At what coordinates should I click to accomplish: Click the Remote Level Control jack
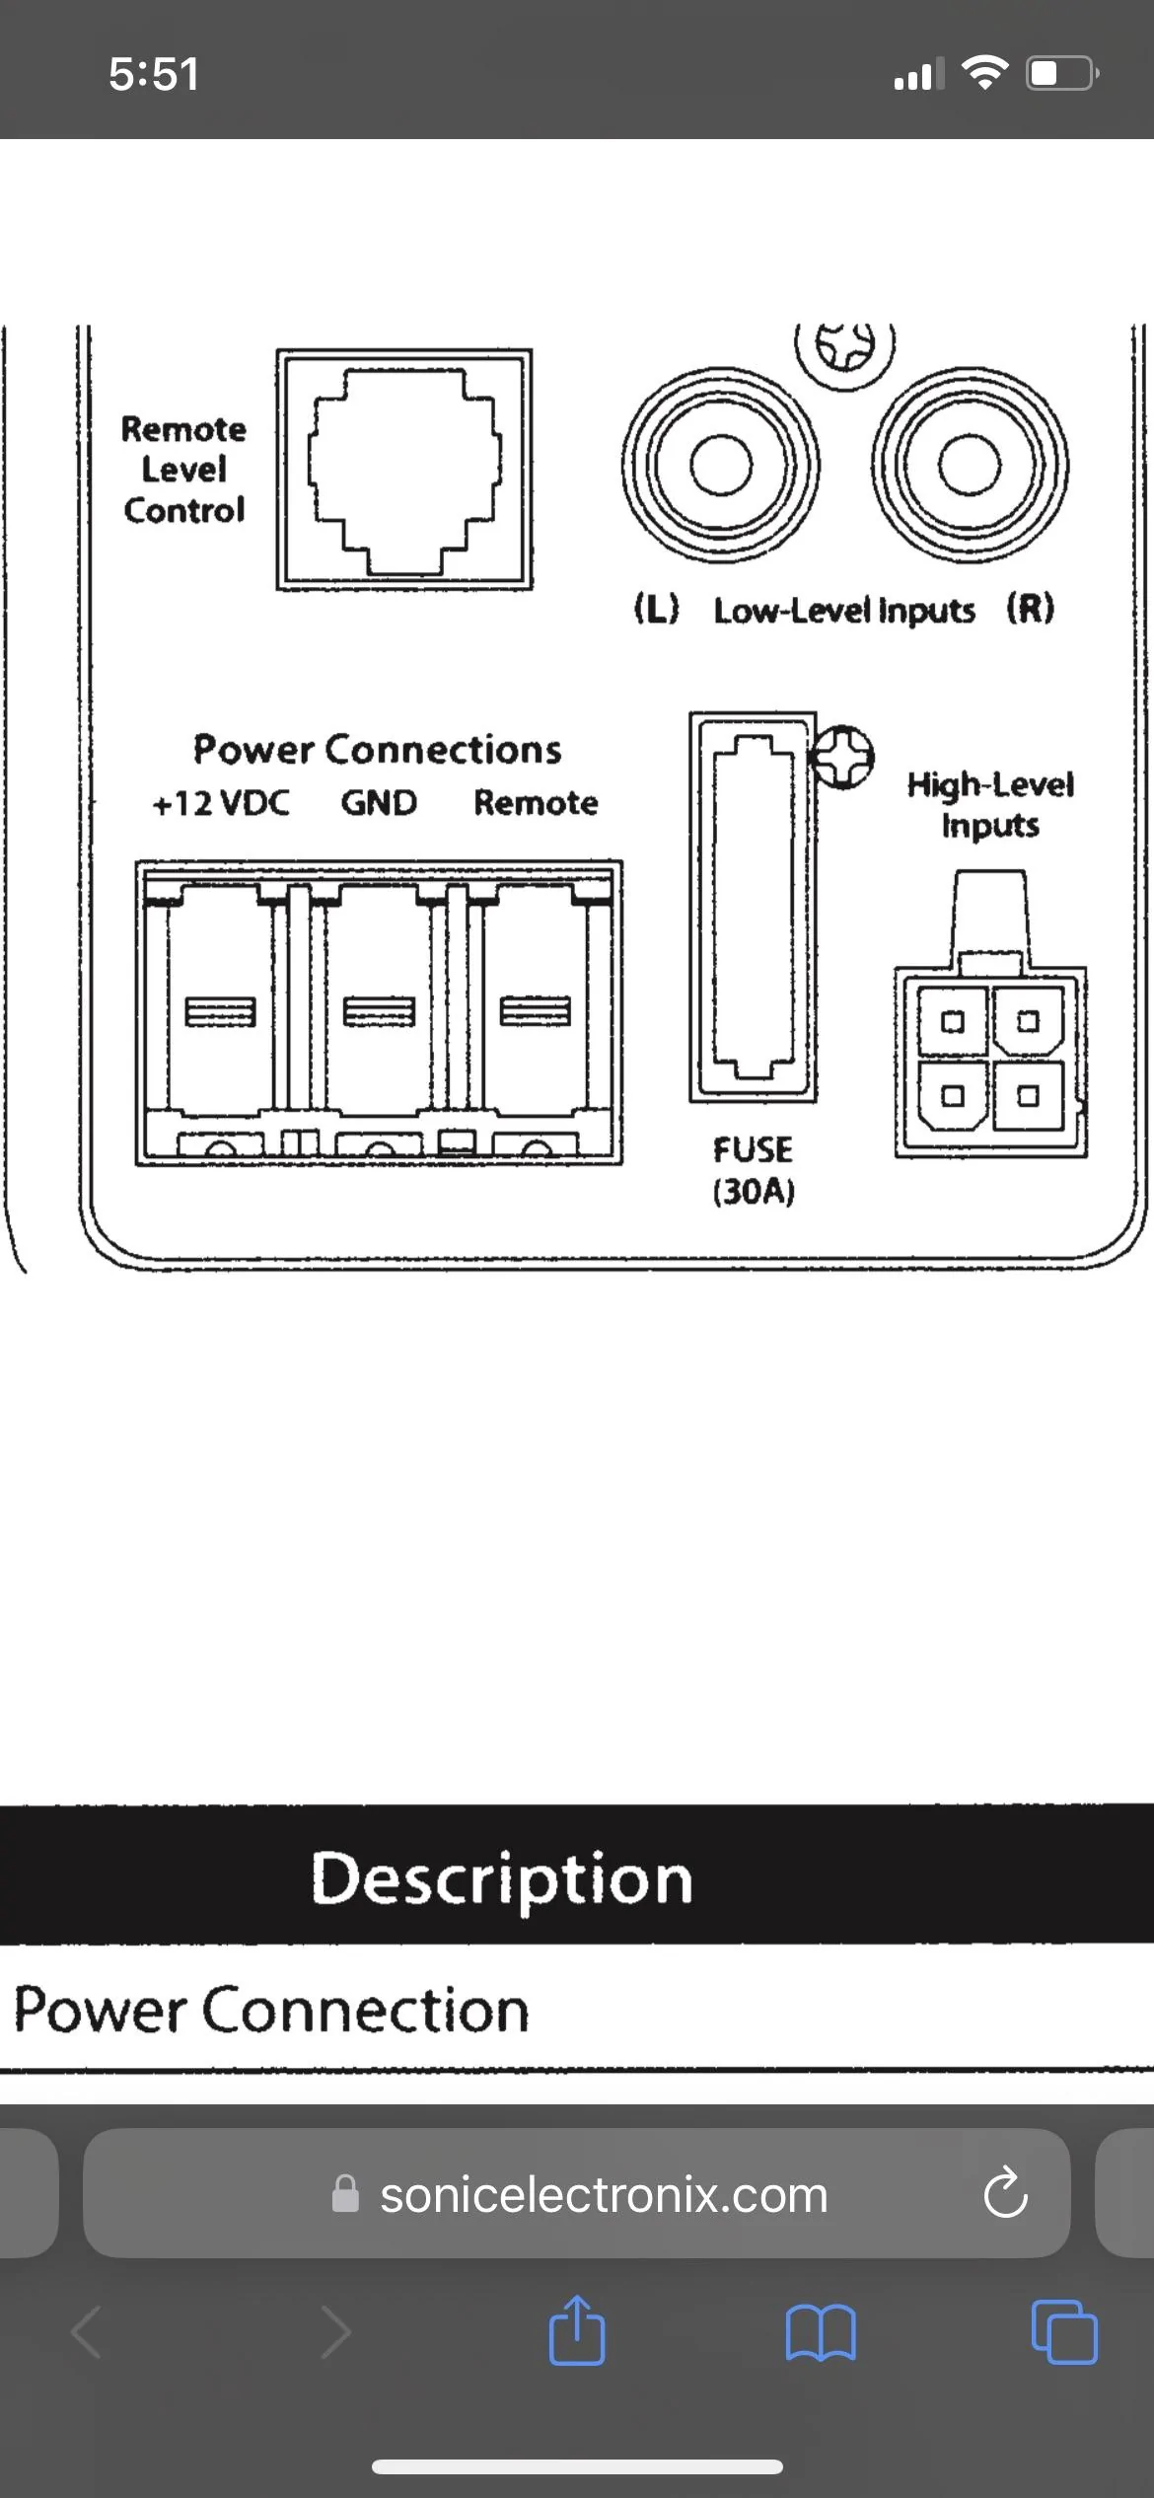pos(404,470)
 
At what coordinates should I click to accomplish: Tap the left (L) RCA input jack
pos(720,465)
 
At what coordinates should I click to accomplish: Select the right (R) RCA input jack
pos(970,465)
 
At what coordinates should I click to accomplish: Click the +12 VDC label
pos(221,803)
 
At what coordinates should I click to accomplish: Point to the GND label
pos(379,803)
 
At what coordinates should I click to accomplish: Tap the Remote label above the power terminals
pos(536,803)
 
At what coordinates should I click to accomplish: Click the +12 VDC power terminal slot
pos(220,1011)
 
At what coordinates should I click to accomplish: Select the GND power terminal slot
pos(378,1011)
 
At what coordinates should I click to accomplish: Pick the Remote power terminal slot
pos(536,1011)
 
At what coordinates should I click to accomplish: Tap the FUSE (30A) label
pos(754,1171)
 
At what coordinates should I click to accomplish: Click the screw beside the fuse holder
pos(841,757)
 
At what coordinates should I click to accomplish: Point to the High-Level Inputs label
pos(990,805)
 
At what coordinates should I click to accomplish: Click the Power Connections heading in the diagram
pos(377,750)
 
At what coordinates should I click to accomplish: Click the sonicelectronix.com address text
pos(604,2195)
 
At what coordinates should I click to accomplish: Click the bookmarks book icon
pos(821,2333)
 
